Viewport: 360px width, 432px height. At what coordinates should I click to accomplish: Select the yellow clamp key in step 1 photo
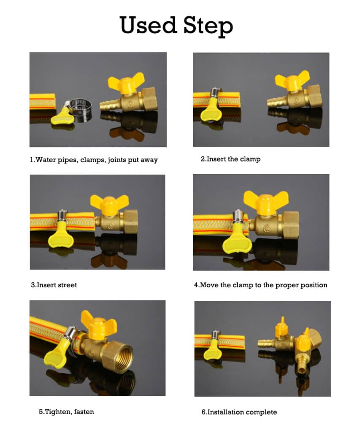click(62, 115)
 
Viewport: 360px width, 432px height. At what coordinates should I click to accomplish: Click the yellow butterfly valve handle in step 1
click(126, 83)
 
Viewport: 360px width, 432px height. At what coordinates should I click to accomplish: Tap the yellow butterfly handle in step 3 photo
click(109, 203)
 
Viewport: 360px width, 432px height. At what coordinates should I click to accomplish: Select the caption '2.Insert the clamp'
click(230, 159)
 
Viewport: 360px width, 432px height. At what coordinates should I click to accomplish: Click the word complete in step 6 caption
click(262, 412)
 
